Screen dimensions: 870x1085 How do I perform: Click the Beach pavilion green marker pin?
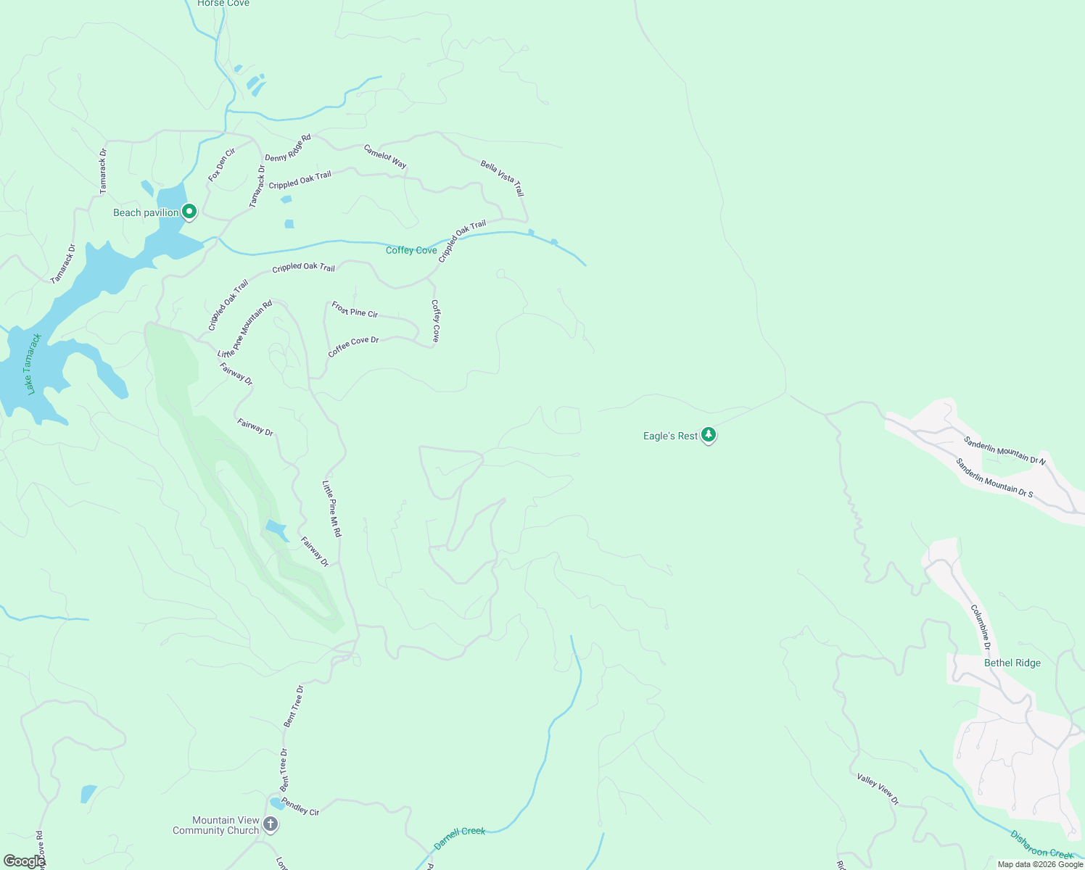189,212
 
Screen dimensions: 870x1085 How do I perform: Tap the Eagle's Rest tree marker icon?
709,435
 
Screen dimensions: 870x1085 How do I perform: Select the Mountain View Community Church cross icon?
271,824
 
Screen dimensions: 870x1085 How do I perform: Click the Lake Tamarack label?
31,364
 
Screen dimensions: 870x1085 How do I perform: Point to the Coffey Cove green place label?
411,250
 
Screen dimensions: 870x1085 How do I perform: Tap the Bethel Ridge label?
1012,663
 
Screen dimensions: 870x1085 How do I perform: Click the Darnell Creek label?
459,837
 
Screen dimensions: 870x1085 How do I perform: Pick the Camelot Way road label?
385,157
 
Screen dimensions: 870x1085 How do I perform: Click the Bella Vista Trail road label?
502,178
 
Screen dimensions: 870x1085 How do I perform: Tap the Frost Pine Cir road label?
355,310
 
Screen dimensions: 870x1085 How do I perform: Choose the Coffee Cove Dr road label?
353,346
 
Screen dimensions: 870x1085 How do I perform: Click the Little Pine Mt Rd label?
331,508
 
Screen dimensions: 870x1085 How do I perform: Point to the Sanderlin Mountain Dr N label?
1004,450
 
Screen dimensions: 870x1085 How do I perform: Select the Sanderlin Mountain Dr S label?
994,478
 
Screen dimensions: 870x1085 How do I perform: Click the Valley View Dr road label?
878,789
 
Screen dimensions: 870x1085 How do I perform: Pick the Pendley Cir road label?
300,806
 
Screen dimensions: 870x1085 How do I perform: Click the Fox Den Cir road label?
222,165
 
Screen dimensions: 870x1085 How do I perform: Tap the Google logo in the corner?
23,861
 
